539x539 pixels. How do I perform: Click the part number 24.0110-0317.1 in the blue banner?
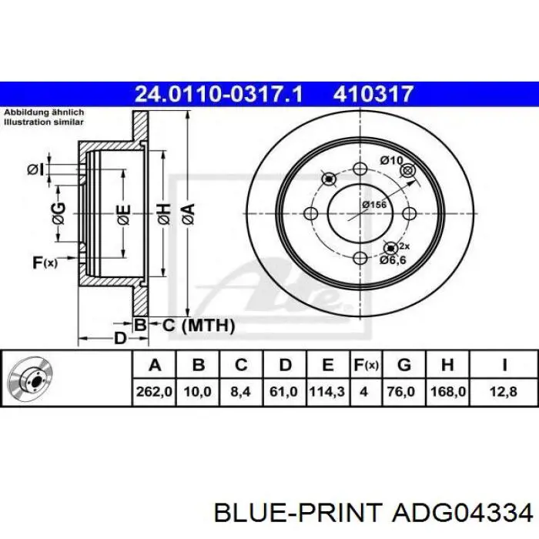(x=219, y=94)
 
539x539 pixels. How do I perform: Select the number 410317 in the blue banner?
(x=373, y=94)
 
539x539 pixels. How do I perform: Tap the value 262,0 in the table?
(x=154, y=391)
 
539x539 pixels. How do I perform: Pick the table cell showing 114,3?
(x=327, y=391)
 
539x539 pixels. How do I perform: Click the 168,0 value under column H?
(x=448, y=391)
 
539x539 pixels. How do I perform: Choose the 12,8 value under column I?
(x=504, y=391)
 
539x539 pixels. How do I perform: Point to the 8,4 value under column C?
(x=240, y=391)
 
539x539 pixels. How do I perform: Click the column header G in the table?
(x=404, y=365)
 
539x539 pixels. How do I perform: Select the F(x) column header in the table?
(x=366, y=365)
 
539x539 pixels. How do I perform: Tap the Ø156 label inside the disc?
(x=374, y=205)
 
